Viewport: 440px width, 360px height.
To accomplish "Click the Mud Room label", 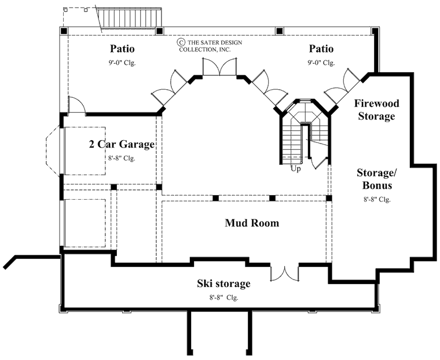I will (252, 223).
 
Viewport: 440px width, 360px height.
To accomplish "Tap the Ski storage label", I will (223, 284).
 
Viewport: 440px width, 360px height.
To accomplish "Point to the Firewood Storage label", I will (375, 109).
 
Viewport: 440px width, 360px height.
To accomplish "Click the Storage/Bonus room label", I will (375, 179).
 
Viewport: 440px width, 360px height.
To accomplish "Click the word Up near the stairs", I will (296, 168).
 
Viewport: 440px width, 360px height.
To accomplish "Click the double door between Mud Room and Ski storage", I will (284, 272).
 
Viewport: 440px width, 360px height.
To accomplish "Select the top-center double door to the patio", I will (219, 68).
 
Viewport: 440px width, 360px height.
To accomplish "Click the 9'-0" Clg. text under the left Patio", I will (121, 63).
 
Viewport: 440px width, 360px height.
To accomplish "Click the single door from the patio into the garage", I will (76, 105).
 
